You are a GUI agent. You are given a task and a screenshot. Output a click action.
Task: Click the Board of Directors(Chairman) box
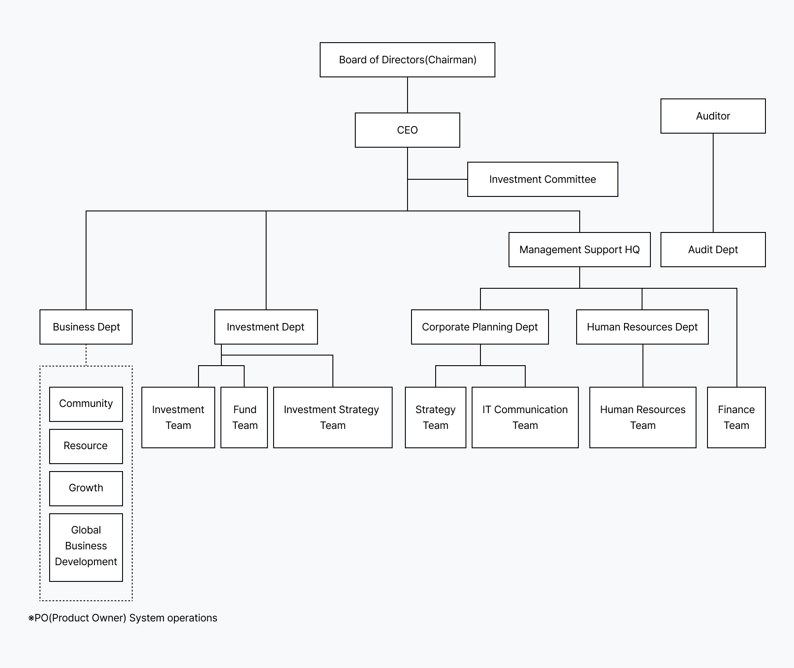click(407, 60)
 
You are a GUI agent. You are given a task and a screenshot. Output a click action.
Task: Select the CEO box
click(407, 130)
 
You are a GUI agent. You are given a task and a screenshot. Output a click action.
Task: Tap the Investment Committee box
click(542, 179)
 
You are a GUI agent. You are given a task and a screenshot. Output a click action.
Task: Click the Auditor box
click(713, 116)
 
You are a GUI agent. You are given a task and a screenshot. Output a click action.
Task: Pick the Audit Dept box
click(713, 250)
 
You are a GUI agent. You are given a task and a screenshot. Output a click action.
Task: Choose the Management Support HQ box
click(579, 250)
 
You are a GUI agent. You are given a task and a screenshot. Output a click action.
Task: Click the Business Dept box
click(86, 327)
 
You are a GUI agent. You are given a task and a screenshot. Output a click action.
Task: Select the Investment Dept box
click(266, 327)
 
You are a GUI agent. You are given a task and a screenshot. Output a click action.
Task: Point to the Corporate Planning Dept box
click(480, 327)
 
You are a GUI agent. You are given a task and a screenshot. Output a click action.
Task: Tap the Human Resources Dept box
click(642, 327)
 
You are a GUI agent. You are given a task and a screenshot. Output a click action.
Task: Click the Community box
click(86, 404)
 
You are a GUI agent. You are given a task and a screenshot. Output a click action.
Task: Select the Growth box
click(86, 488)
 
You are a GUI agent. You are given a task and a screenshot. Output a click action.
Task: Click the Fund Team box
click(244, 417)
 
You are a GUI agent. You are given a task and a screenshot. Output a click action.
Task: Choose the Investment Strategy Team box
click(332, 417)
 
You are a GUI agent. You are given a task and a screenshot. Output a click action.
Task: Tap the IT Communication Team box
click(525, 417)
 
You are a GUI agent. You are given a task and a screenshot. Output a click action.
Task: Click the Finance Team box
click(736, 417)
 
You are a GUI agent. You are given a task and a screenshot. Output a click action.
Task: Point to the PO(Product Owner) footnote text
click(123, 618)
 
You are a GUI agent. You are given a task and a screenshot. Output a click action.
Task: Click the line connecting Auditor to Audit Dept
click(713, 182)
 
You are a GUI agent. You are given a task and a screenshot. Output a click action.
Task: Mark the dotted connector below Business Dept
click(86, 355)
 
